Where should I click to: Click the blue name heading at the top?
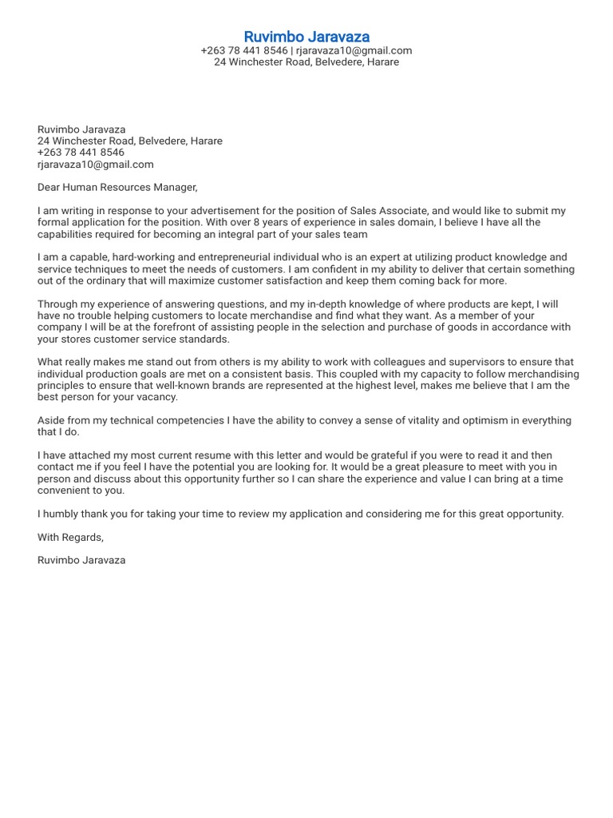pyautogui.click(x=306, y=37)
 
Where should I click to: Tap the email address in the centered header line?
pyautogui.click(x=354, y=50)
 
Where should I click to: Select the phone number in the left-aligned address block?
pyautogui.click(x=81, y=153)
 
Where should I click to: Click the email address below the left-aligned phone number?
pyautogui.click(x=95, y=165)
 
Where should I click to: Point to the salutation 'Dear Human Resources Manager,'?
pyautogui.click(x=117, y=188)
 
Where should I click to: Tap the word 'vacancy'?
pyautogui.click(x=159, y=397)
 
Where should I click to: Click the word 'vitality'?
pyautogui.click(x=433, y=421)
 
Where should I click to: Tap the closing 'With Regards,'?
pyautogui.click(x=70, y=537)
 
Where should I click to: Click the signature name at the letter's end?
pyautogui.click(x=81, y=560)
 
